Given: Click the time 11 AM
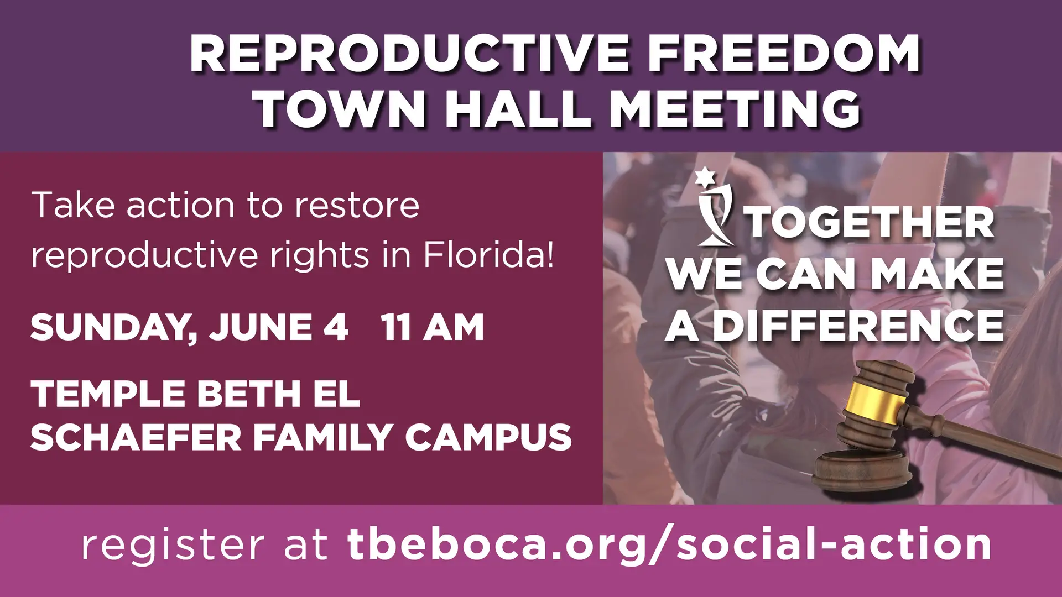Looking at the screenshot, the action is coord(432,327).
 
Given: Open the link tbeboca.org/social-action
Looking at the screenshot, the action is coord(669,545).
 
